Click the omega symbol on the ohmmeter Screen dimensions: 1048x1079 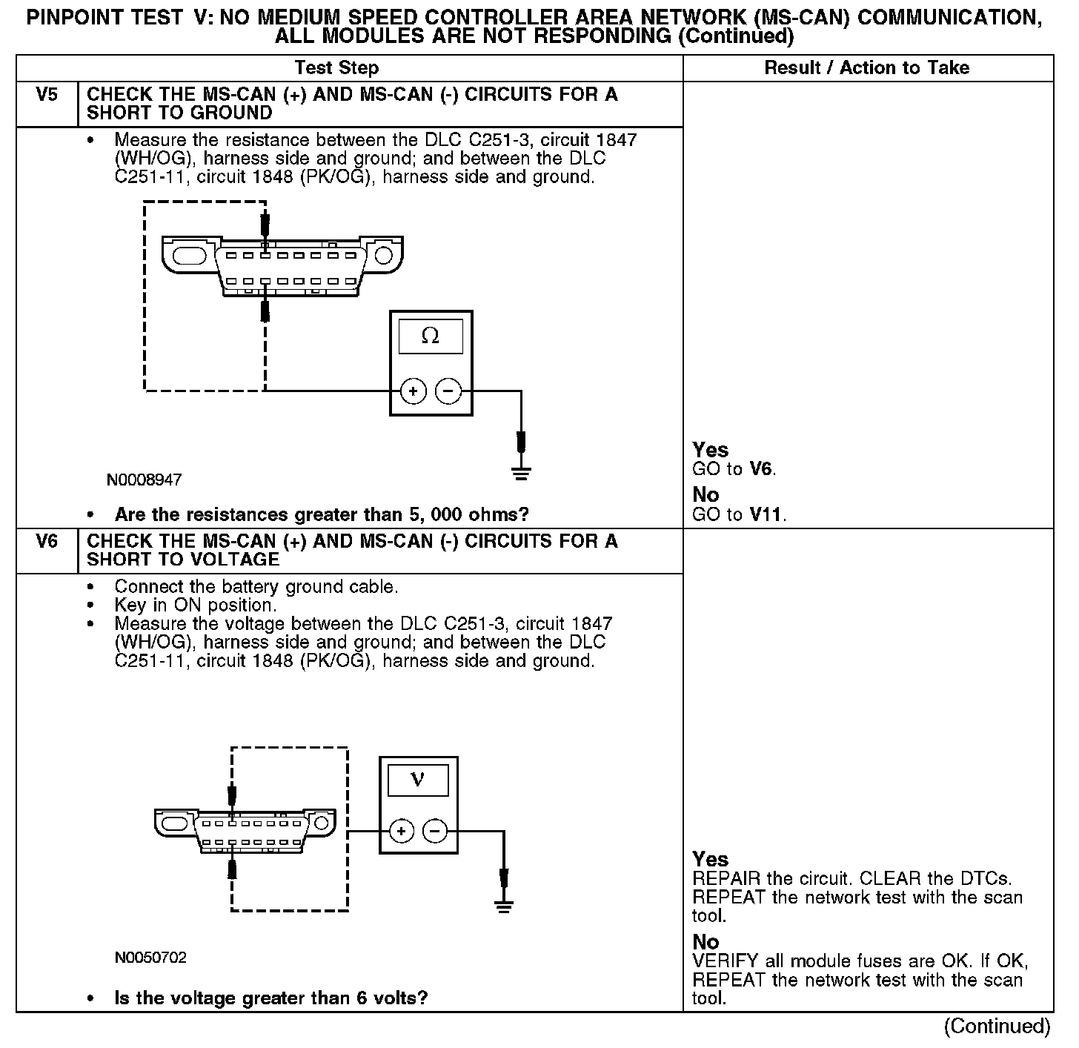430,336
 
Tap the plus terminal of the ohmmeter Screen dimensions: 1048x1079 414,391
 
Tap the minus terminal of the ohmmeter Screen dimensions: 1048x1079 448,391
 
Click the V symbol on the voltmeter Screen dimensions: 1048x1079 418,780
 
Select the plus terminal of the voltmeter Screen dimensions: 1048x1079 402,832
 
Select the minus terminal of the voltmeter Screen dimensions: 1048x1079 435,832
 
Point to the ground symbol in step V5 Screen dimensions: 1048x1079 522,473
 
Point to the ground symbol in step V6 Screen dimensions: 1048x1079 504,905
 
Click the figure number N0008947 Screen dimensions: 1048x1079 145,480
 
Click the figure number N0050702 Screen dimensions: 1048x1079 150,958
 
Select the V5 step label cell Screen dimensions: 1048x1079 47,95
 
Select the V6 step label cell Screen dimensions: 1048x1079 47,542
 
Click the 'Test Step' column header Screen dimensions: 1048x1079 336,68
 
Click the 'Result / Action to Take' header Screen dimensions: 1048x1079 866,68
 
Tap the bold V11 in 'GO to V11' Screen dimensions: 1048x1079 766,514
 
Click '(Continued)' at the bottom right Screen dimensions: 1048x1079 997,1026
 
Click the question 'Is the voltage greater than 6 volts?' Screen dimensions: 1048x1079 271,998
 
